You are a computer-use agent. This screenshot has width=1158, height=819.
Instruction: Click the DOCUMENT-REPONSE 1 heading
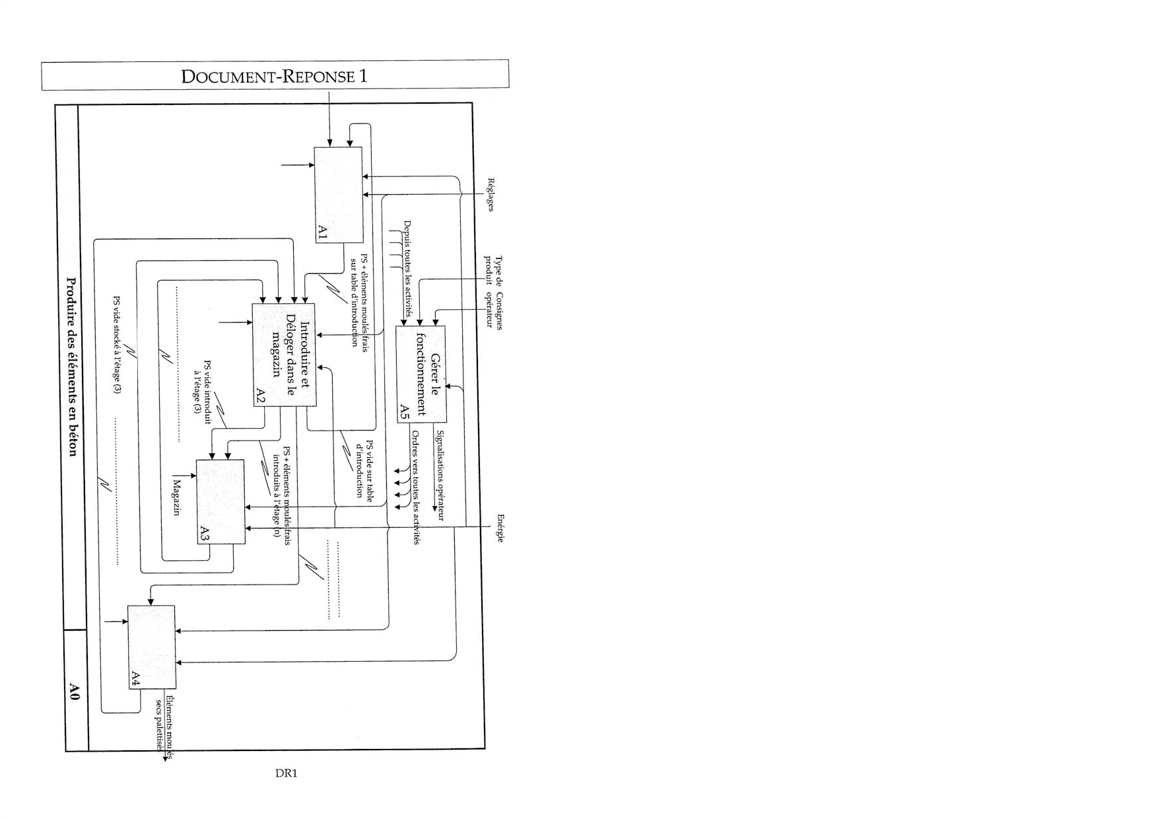pyautogui.click(x=274, y=76)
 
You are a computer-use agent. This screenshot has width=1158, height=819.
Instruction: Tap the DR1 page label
pyautogui.click(x=286, y=773)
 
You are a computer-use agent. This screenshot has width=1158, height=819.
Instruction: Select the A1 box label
pyautogui.click(x=322, y=232)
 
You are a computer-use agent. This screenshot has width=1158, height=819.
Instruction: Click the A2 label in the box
pyautogui.click(x=260, y=396)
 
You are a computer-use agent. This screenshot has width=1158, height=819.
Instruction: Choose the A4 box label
pyautogui.click(x=135, y=678)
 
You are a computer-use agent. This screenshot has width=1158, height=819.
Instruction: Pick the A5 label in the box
pyautogui.click(x=405, y=412)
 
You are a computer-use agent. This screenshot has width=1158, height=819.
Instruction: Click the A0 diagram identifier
pyautogui.click(x=75, y=692)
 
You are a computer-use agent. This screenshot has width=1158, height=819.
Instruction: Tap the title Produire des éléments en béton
pyautogui.click(x=73, y=367)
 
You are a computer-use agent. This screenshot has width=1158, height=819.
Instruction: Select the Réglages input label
pyautogui.click(x=491, y=194)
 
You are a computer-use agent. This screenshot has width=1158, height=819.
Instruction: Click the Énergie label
pyautogui.click(x=500, y=528)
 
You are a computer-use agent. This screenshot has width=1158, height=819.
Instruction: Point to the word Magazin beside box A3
pyautogui.click(x=176, y=499)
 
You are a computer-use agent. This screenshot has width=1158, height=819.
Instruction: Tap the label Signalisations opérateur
pyautogui.click(x=440, y=476)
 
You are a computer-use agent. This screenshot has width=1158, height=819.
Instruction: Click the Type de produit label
pyautogui.click(x=494, y=271)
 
